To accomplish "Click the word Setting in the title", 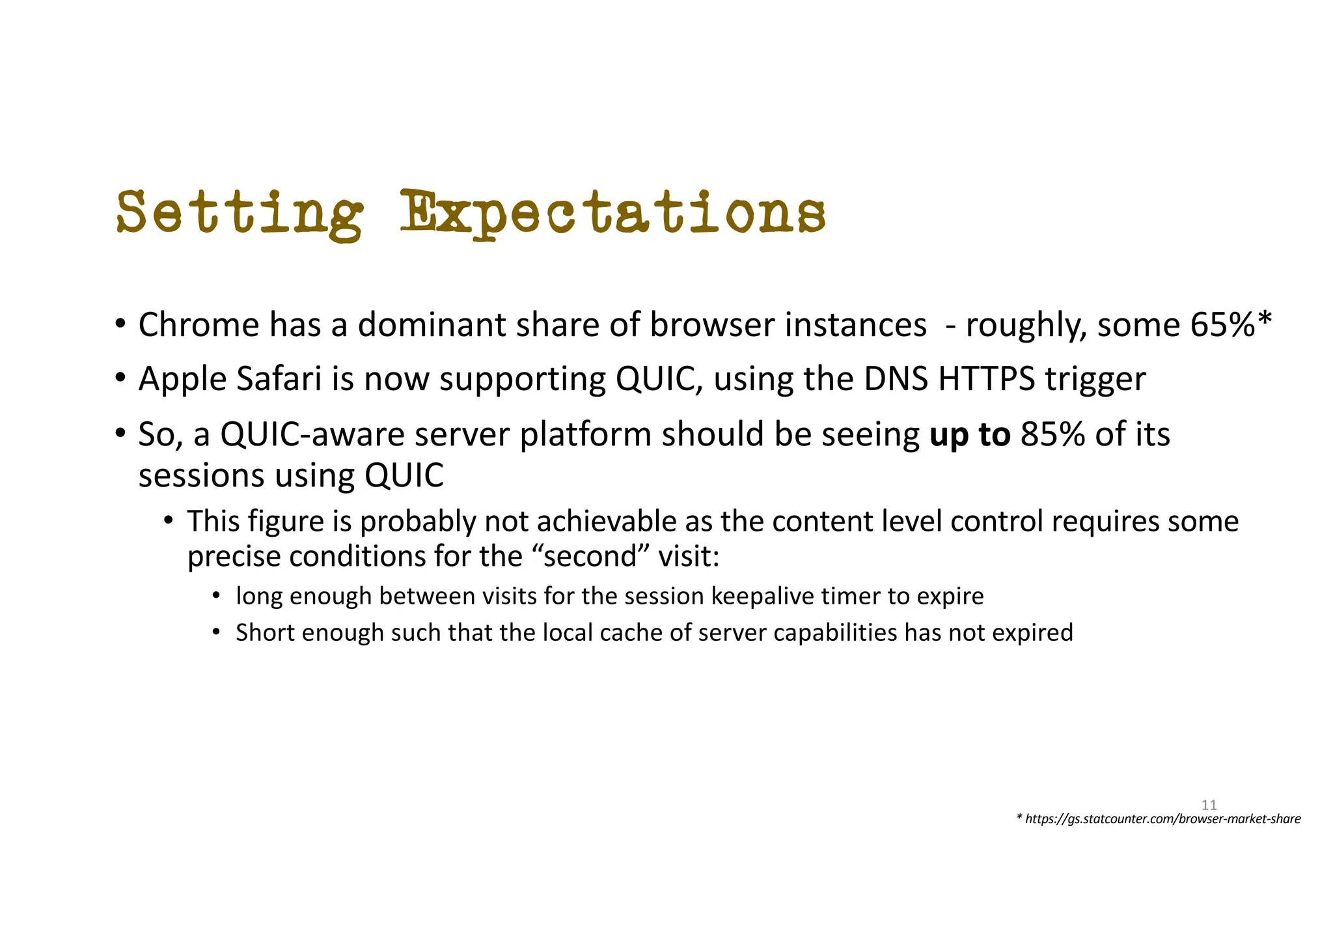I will coord(240,214).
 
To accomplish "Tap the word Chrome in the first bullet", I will coord(199,324).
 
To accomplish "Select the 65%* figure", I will coord(1230,324).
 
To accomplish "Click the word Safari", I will coord(279,379).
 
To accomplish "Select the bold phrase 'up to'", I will coord(970,435).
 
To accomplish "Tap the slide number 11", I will coord(1209,805).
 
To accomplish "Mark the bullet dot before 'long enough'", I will coord(217,596).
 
